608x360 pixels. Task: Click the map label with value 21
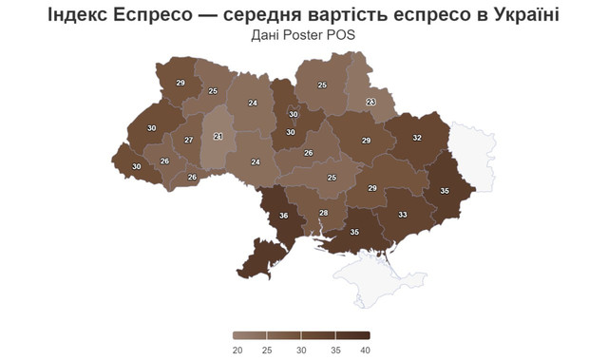click(218, 137)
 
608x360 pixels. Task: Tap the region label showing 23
click(371, 102)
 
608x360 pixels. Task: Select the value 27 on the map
click(189, 140)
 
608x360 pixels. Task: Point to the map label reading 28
click(323, 213)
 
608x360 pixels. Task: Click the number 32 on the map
click(417, 137)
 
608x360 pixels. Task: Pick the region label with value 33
click(403, 216)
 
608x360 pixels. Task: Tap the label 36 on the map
click(284, 217)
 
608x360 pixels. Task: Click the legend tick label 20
click(237, 351)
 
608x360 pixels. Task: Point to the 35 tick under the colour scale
click(333, 351)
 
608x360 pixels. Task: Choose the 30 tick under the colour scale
click(301, 351)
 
